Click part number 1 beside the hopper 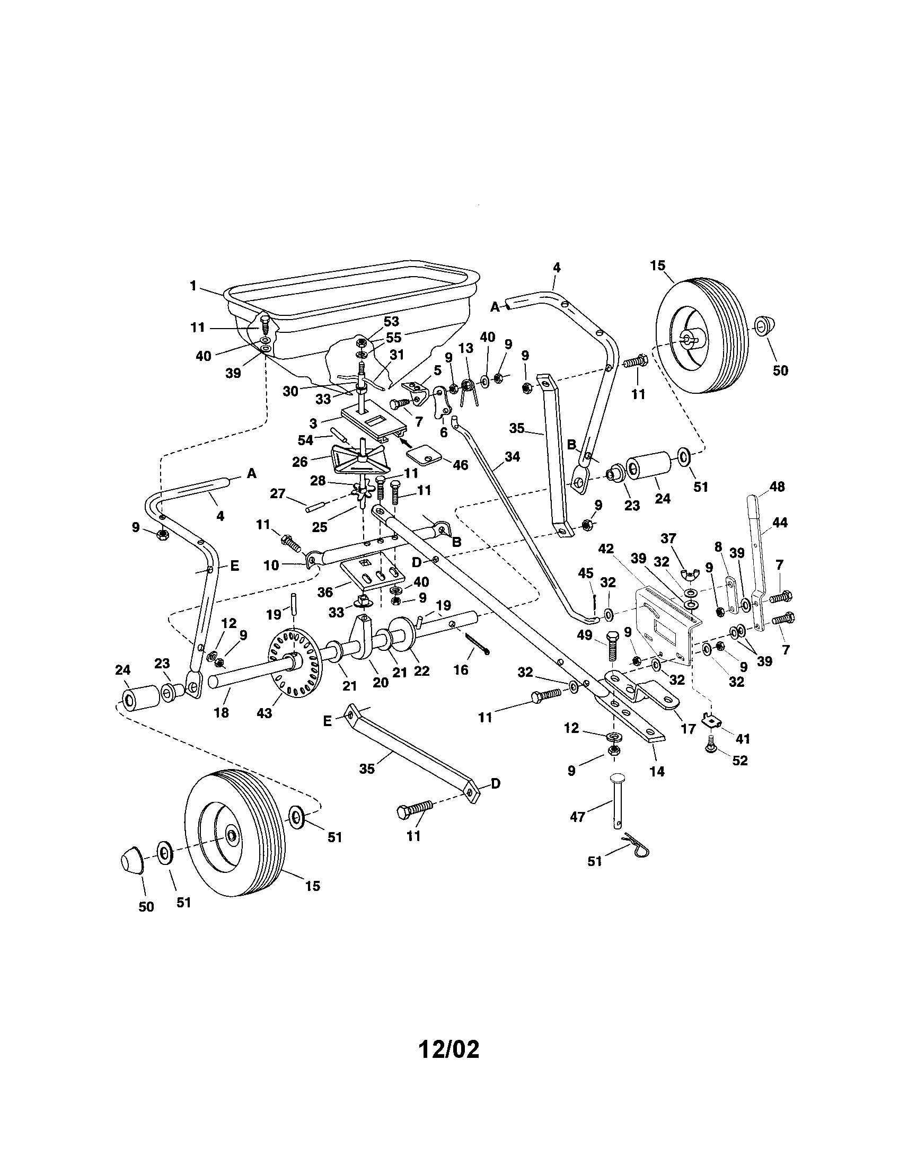(x=193, y=286)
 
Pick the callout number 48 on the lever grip (x=777, y=487)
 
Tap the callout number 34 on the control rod (x=512, y=457)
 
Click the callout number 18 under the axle (x=222, y=712)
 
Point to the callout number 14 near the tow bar (x=657, y=771)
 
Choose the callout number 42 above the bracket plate (x=606, y=549)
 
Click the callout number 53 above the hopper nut (x=391, y=321)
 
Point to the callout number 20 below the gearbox (x=381, y=682)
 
